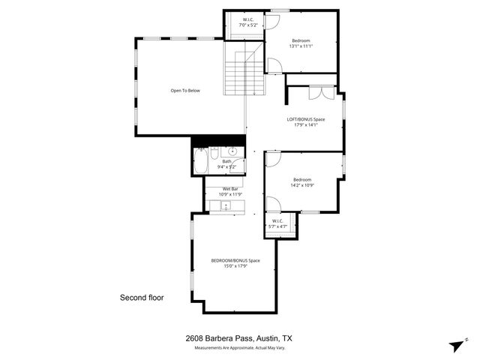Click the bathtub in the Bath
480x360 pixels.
click(x=201, y=161)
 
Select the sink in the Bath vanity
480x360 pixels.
click(x=233, y=152)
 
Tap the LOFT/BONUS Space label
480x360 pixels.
click(x=305, y=119)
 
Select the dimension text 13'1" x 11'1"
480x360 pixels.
click(x=301, y=46)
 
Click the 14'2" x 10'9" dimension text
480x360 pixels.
click(x=302, y=185)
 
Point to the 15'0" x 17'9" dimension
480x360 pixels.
click(x=235, y=266)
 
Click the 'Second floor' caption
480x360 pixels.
click(x=142, y=298)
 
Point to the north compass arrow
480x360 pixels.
click(x=457, y=344)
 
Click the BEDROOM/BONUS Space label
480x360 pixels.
click(x=235, y=260)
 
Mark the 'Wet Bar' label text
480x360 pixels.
click(x=230, y=188)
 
